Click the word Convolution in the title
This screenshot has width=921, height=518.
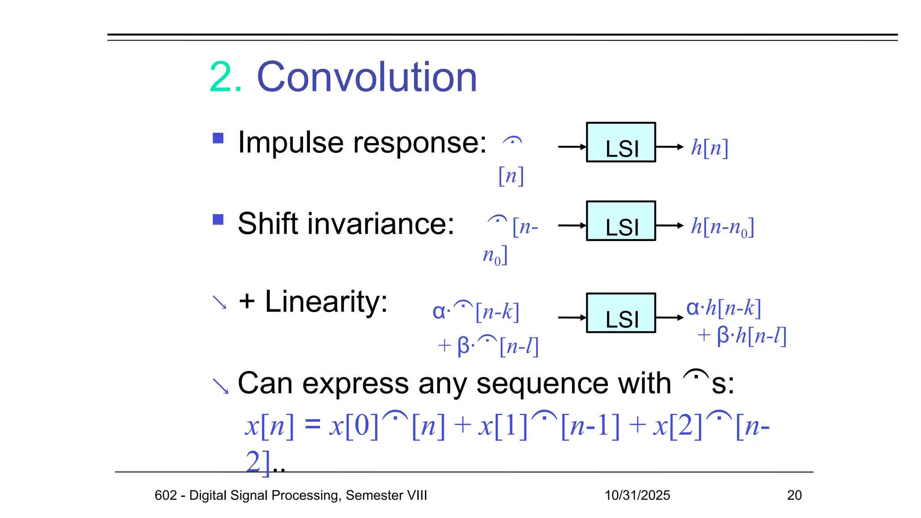tap(367, 77)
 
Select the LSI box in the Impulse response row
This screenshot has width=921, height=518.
tap(621, 143)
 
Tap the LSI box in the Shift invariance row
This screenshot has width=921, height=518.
tap(621, 221)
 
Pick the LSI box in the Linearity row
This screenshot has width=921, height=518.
tap(621, 313)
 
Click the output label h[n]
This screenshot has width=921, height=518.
tap(709, 147)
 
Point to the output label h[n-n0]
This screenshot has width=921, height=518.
tap(722, 227)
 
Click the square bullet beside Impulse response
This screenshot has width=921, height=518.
tap(218, 138)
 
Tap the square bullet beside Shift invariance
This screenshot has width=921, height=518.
tap(218, 219)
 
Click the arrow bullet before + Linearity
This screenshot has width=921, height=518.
tap(219, 302)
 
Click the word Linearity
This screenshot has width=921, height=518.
tap(326, 301)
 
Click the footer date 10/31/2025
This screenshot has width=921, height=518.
tap(637, 495)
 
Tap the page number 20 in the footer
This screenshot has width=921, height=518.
tap(794, 495)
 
